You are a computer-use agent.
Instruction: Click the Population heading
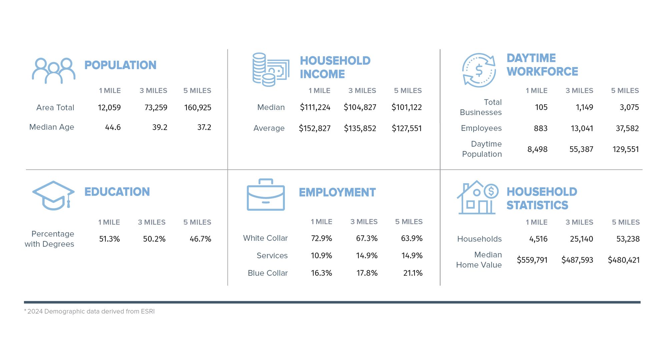[x=120, y=65]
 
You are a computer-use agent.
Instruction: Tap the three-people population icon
[x=54, y=71]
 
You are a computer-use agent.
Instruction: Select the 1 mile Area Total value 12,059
[x=109, y=108]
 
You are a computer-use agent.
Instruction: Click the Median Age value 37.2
[x=204, y=127]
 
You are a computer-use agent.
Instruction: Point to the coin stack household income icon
[x=270, y=70]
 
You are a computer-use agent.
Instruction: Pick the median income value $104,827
[x=360, y=107]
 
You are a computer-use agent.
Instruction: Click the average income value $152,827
[x=314, y=128]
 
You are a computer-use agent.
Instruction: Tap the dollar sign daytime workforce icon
[x=479, y=70]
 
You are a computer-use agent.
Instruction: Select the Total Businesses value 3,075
[x=629, y=107]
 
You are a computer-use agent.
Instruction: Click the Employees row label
[x=481, y=128]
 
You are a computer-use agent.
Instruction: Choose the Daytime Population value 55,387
[x=581, y=149]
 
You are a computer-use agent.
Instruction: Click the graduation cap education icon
[x=53, y=196]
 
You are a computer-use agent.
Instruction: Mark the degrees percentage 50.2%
[x=154, y=239]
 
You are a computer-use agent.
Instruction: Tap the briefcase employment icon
[x=266, y=195]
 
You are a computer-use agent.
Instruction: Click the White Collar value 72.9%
[x=321, y=238]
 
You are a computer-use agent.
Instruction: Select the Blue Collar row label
[x=267, y=273]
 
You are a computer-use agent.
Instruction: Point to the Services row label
[x=272, y=256]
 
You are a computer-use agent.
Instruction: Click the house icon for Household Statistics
[x=477, y=198]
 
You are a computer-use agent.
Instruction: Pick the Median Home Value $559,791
[x=532, y=260]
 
